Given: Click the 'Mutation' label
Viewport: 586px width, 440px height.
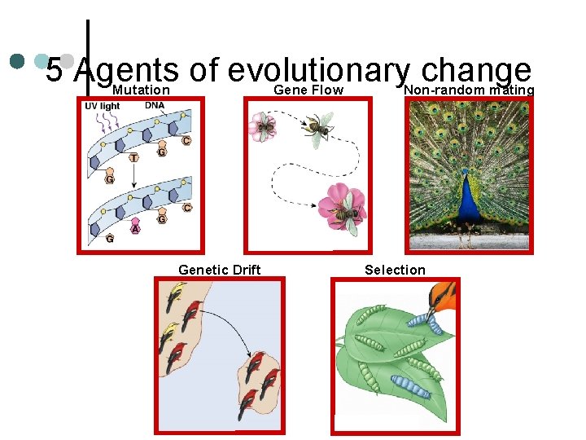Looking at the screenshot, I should point(141,90).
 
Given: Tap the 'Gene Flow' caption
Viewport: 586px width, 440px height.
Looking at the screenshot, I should point(308,90).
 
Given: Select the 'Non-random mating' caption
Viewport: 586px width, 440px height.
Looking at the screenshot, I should point(469,90).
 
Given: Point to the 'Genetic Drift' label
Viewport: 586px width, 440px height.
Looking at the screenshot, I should point(219,270).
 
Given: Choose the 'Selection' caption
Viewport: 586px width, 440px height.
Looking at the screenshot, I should point(395,270).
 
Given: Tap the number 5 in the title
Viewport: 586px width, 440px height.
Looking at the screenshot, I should point(54,71).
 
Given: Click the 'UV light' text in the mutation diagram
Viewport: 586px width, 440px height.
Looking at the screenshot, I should point(103,106).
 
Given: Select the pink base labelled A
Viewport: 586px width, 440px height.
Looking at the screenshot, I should point(135,229).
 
